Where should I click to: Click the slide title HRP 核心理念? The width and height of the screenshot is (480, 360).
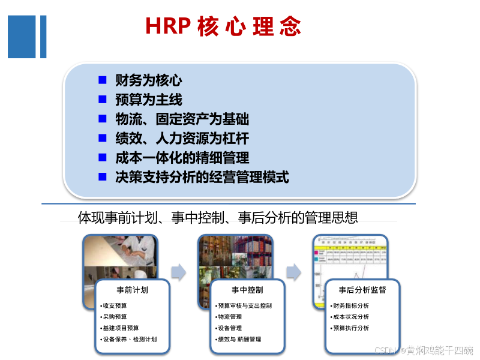[x=223, y=27]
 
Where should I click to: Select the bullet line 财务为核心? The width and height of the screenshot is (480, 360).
[x=149, y=80]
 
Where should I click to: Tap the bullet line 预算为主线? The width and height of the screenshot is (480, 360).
[x=149, y=100]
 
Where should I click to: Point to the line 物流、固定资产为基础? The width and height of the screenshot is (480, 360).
[x=182, y=119]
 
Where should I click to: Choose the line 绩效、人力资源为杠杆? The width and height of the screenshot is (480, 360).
[x=182, y=139]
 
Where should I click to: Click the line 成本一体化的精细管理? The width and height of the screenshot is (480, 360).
[x=182, y=158]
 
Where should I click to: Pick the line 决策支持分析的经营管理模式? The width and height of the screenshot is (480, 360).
[x=202, y=178]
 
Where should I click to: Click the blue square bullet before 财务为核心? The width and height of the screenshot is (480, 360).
[x=103, y=80]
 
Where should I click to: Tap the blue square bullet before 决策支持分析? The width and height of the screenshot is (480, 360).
[x=103, y=177]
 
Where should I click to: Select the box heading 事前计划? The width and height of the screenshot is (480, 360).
[x=133, y=290]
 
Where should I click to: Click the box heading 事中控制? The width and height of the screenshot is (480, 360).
[x=247, y=290]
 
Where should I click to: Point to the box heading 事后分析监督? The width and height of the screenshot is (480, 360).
[x=362, y=290]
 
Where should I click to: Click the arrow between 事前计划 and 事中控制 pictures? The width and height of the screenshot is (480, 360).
[x=178, y=272]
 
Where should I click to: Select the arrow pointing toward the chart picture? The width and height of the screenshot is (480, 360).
[x=293, y=272]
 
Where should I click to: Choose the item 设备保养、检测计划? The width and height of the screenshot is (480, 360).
[x=129, y=339]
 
